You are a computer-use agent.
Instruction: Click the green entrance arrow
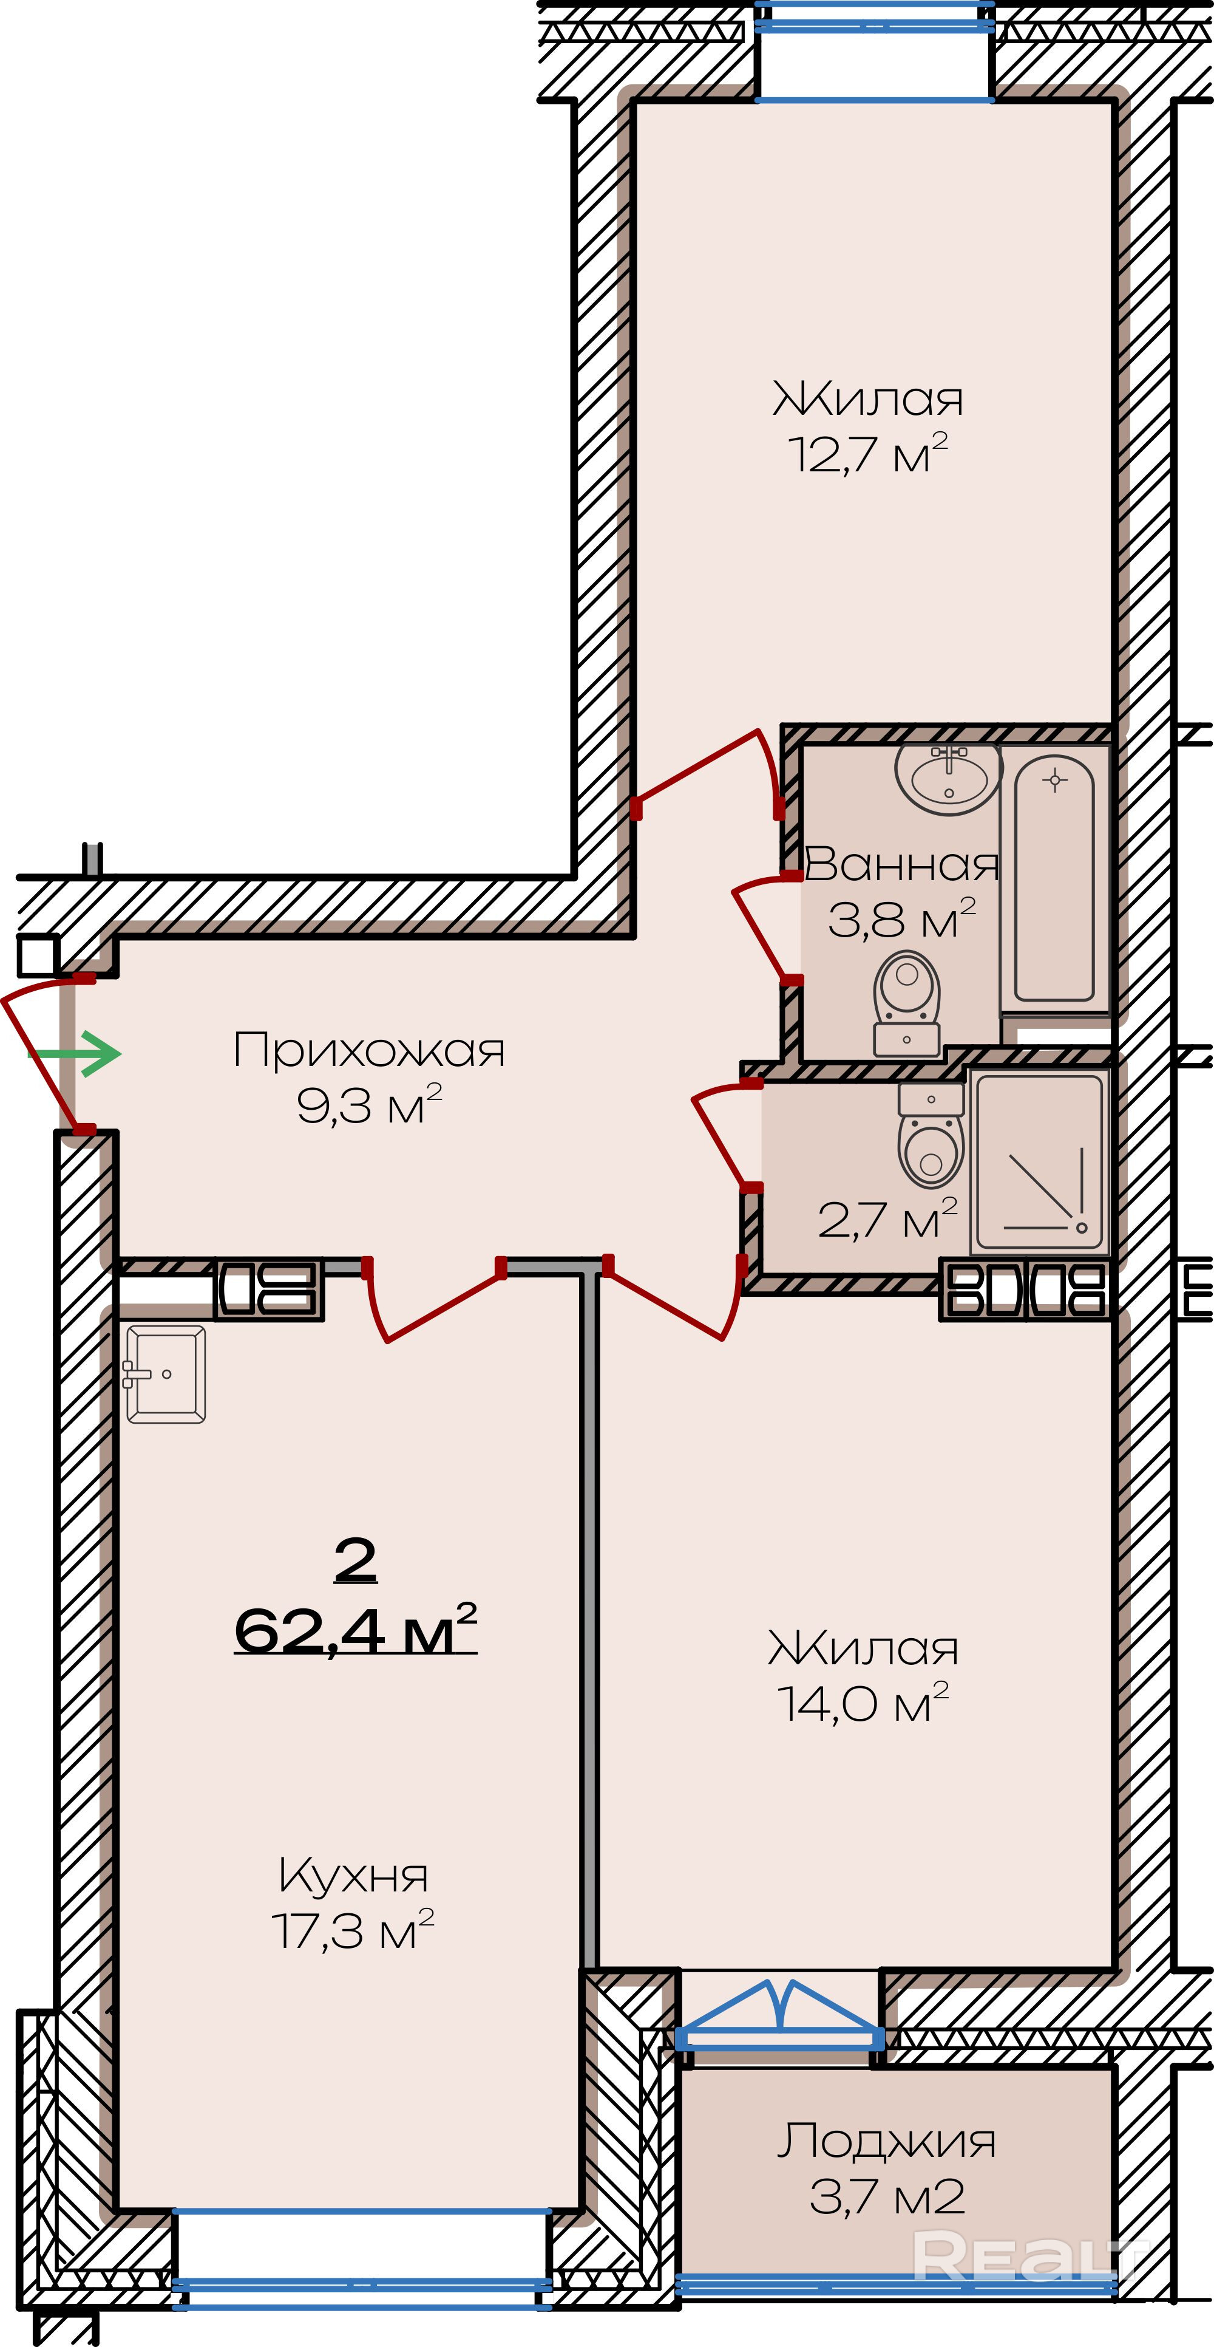click(75, 1054)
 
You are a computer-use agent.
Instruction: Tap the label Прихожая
click(369, 1051)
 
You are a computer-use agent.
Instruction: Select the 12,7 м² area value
click(868, 454)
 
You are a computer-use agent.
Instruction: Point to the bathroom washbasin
click(949, 777)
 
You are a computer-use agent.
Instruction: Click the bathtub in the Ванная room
click(1054, 880)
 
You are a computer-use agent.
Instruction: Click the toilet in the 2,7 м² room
click(931, 1135)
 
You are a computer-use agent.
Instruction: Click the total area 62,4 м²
click(355, 1628)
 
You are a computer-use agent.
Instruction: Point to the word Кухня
click(353, 1876)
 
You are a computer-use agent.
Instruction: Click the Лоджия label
click(886, 2141)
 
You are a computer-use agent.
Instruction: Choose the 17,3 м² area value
click(353, 1930)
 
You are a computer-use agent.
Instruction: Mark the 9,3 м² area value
click(369, 1105)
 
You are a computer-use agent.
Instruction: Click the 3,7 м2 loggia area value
click(887, 2198)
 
